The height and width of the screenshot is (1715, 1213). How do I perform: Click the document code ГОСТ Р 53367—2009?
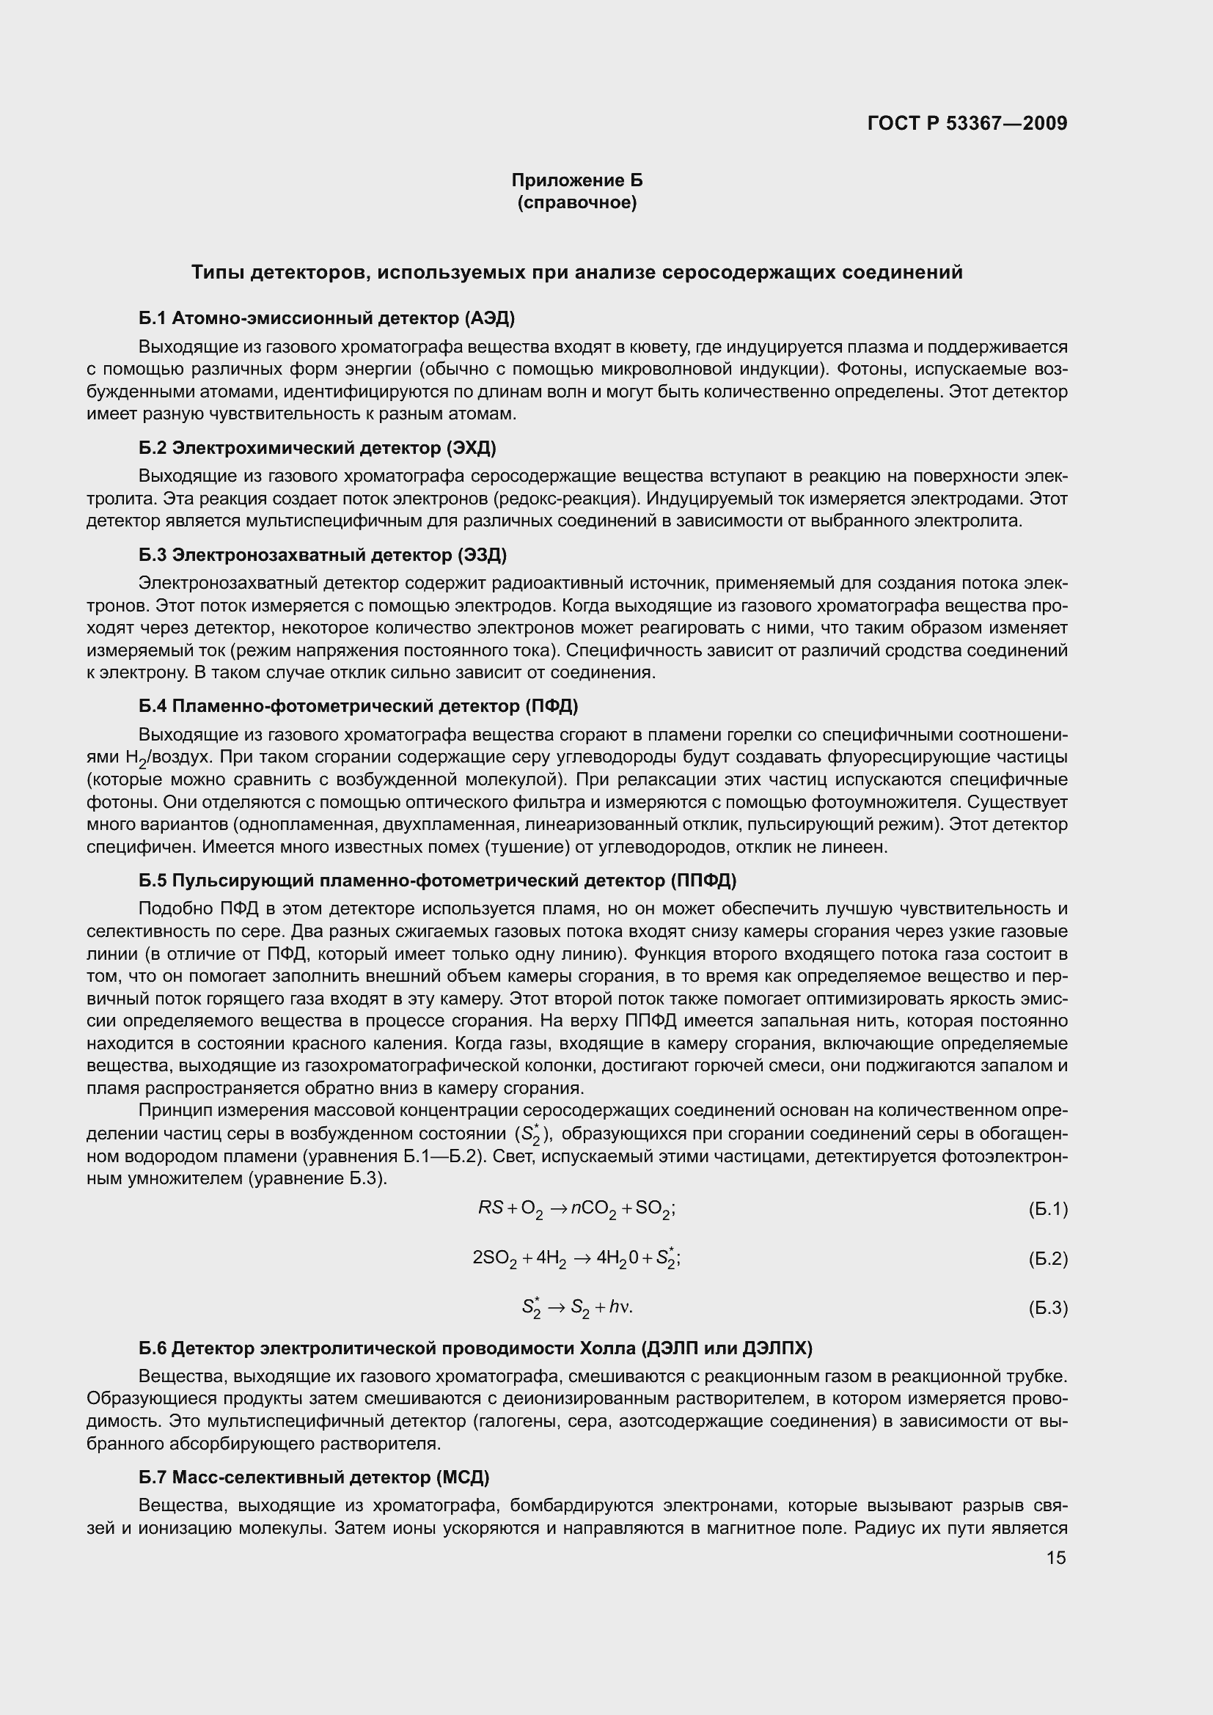point(967,123)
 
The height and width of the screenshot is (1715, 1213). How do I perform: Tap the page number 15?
point(1056,1557)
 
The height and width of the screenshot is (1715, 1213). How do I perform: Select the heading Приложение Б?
point(576,180)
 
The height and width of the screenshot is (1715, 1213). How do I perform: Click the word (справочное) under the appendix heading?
point(576,202)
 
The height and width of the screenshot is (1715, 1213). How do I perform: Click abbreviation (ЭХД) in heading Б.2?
point(472,447)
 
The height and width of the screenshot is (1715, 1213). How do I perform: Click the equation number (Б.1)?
point(1048,1209)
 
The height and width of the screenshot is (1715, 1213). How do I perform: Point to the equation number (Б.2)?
point(1048,1259)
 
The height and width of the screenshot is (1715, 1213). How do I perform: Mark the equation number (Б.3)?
point(1048,1308)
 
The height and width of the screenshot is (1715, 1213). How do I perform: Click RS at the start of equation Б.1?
point(491,1208)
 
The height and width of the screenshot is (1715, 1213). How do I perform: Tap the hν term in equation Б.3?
point(620,1307)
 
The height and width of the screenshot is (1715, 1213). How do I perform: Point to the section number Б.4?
point(153,706)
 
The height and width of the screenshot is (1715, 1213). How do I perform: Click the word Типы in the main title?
point(217,273)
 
